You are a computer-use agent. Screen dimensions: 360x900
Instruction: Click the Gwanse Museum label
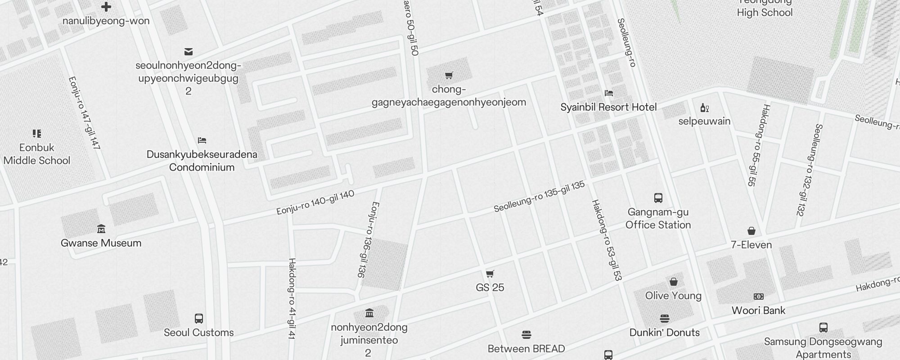point(101,243)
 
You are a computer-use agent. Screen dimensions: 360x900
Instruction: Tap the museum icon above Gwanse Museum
point(101,229)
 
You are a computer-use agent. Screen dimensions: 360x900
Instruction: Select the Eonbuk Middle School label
point(37,154)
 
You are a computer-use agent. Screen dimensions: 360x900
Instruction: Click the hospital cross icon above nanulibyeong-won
point(106,7)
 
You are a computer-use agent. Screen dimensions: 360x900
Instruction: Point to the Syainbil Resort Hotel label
point(608,107)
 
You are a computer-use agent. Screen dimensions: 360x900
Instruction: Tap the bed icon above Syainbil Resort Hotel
point(609,93)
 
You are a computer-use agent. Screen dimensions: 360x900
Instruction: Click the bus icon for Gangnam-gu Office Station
point(658,198)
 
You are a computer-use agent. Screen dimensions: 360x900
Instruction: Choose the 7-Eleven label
point(751,245)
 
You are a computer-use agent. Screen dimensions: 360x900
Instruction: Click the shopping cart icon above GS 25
point(490,274)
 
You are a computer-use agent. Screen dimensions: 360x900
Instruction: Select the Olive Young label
point(673,296)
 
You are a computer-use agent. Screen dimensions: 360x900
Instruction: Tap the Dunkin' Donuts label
point(664,333)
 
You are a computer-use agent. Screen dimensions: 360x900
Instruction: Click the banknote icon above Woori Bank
point(759,297)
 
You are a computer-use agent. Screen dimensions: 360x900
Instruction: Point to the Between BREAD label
point(526,349)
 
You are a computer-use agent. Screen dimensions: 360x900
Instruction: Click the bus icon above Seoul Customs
point(198,319)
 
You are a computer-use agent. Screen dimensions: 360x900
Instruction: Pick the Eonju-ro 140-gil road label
point(315,202)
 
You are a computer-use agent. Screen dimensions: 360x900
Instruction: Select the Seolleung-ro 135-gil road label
point(539,197)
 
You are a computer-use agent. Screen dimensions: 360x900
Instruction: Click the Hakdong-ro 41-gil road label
point(292,299)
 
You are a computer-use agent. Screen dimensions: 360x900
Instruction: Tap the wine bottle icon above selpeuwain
point(704,108)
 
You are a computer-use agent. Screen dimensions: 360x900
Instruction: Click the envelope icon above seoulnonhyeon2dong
point(189,52)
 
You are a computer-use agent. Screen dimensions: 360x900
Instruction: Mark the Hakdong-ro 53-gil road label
point(606,241)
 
